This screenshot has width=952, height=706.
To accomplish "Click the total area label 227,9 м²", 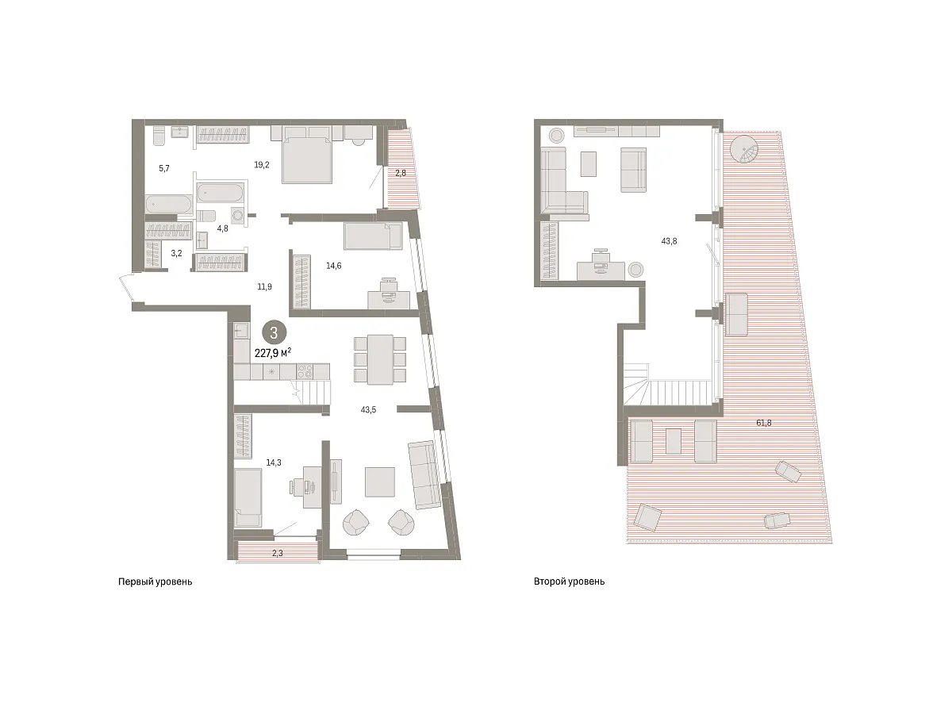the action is pos(273,353).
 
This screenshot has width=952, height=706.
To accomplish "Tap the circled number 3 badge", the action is pos(274,332).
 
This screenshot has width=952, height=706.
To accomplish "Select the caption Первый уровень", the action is pos(155,582).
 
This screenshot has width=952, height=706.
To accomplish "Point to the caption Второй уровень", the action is pos(569,581).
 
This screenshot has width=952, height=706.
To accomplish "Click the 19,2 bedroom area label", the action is pos(261,164).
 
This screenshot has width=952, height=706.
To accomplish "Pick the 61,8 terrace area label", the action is pos(763,423).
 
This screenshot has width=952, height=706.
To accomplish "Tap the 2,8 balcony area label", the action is pos(401,173).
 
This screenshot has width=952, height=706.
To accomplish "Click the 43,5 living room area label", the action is pos(368,410).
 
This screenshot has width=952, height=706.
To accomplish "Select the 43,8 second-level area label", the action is pos(669,241).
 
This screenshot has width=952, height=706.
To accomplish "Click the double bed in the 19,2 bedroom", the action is pos(307,155).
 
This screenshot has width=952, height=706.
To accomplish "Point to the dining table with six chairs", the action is pos(380,359).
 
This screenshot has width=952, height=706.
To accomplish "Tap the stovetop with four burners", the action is pos(305,371).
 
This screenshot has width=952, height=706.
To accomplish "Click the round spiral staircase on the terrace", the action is pos(745,148).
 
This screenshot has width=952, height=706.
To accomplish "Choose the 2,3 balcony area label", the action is pos(278,553).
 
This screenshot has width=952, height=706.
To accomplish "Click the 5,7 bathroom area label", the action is pos(164,168).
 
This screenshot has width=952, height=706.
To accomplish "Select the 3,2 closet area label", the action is pos(176,253).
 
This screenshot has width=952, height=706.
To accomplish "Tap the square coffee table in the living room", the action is pos(380,482).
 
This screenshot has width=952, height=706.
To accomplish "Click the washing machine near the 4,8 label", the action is pos(237,215).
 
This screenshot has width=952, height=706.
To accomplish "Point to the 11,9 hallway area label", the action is pos(264,286).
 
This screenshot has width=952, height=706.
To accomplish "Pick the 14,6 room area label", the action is pos(333,266).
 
